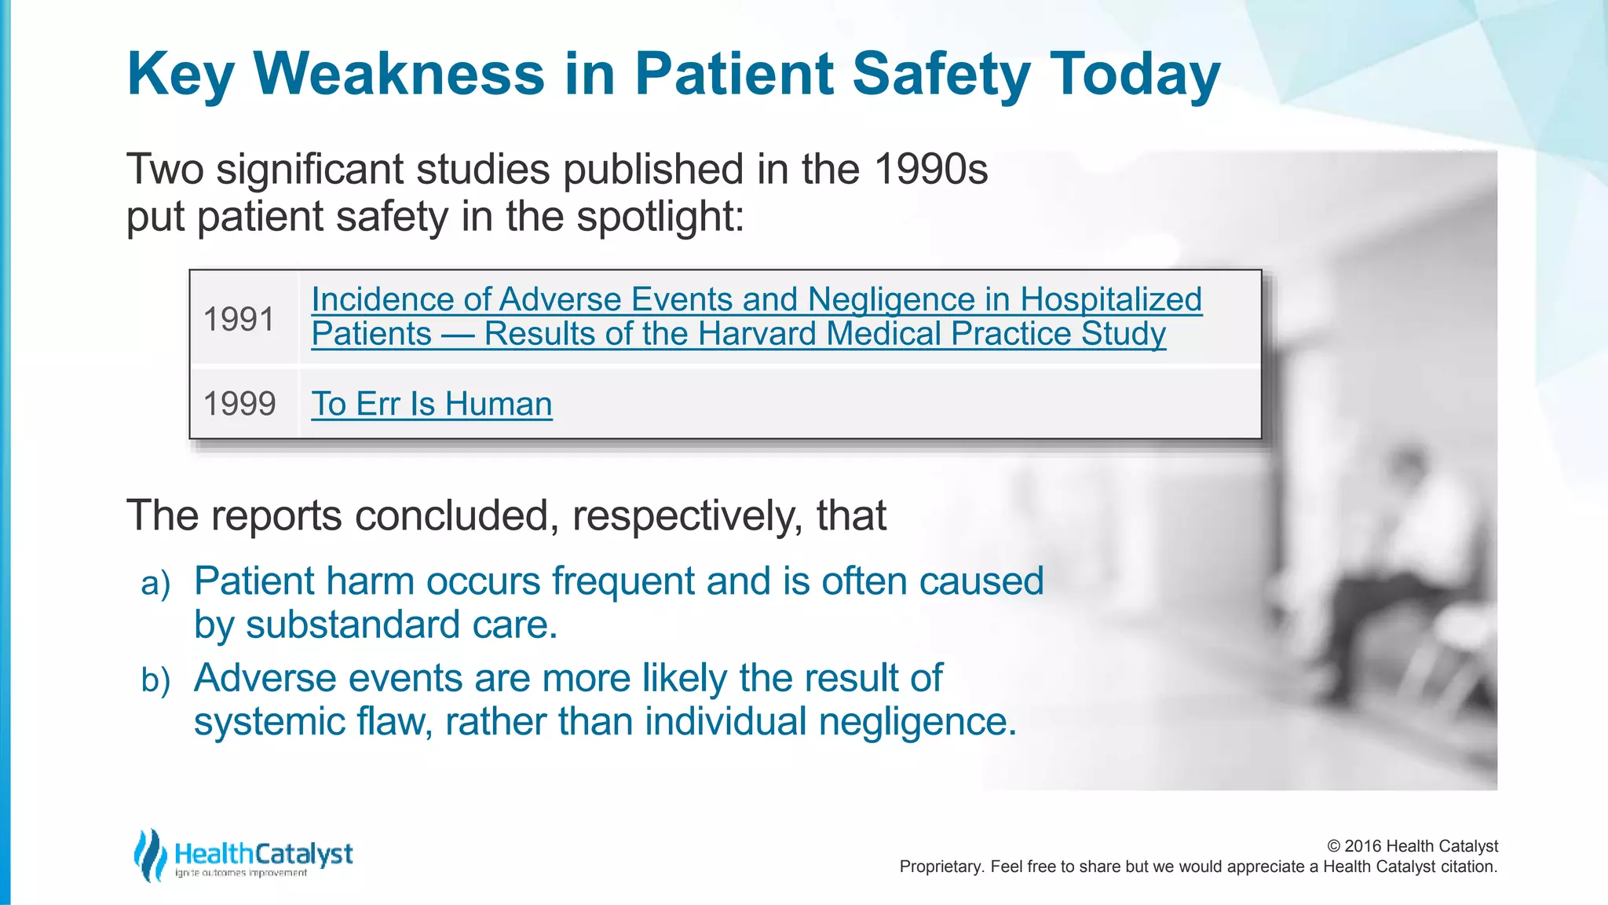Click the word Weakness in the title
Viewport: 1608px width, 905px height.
(399, 74)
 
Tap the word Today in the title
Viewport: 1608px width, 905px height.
(1135, 74)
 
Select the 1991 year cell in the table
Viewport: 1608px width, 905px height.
(239, 319)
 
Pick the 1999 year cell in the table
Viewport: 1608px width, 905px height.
(239, 404)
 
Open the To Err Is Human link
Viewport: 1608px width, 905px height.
(432, 404)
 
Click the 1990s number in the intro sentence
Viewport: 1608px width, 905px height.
(930, 169)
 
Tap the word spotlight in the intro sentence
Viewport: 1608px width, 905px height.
(660, 216)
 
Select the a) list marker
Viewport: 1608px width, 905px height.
(155, 584)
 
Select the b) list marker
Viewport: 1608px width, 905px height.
(155, 680)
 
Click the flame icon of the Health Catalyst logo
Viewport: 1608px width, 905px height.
(149, 855)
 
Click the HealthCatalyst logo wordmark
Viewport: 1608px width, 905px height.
(264, 854)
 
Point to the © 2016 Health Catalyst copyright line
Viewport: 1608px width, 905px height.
(1412, 846)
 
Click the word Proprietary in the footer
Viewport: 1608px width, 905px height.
(940, 867)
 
